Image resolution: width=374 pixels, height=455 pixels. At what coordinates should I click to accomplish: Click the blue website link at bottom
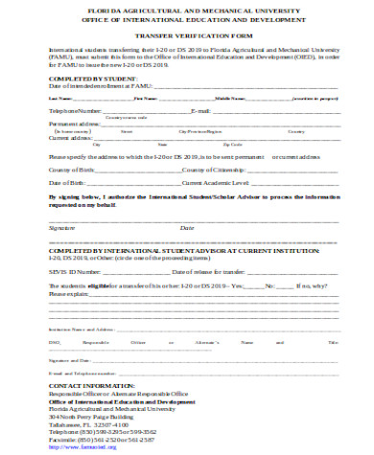92,446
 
